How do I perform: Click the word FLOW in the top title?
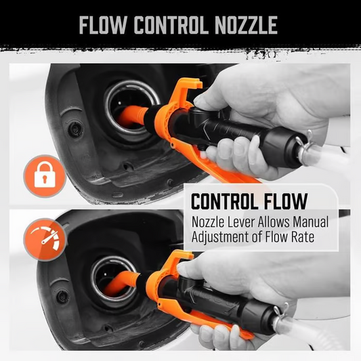click(x=104, y=25)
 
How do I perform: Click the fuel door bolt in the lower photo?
click(x=63, y=296)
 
